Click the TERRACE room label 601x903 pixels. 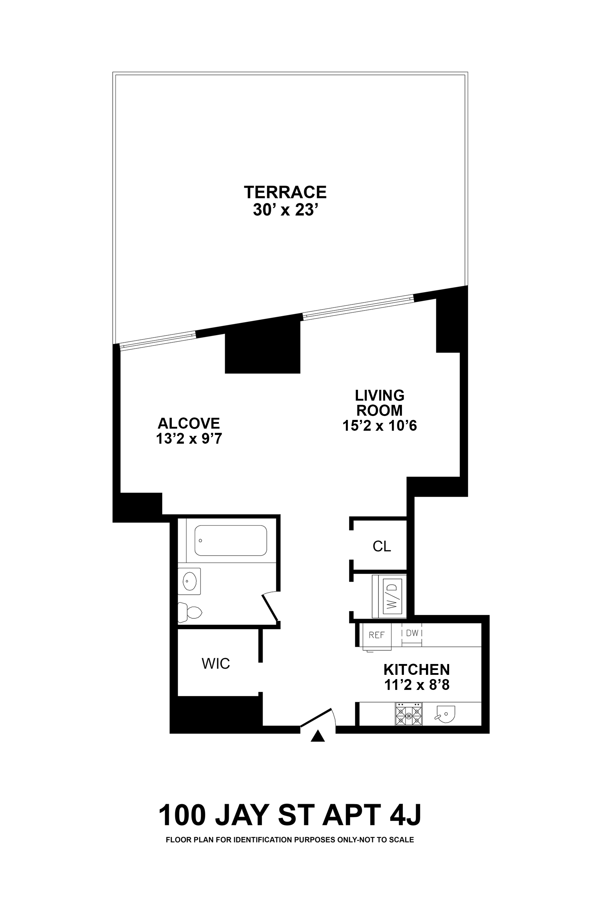(285, 192)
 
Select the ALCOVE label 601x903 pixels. (189, 423)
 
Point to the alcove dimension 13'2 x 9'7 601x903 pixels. (189, 439)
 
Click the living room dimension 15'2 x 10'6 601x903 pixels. (379, 426)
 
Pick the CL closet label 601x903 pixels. (382, 546)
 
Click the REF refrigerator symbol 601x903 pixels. (376, 635)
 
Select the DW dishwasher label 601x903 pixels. (412, 633)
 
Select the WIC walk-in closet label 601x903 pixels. (216, 663)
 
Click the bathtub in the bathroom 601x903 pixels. (231, 540)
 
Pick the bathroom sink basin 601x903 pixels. (189, 581)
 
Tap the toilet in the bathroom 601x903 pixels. (190, 612)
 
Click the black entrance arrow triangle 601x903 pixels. (317, 736)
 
